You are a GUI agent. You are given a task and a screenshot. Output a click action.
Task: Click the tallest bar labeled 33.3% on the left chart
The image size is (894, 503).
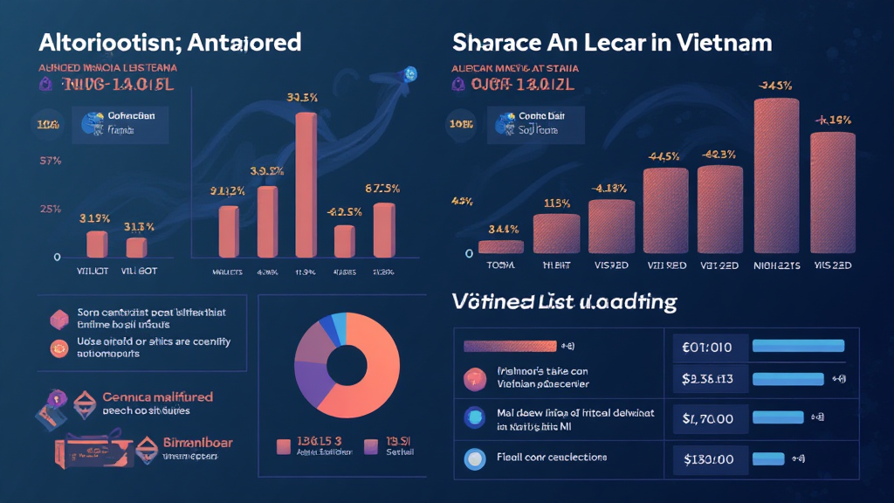306,183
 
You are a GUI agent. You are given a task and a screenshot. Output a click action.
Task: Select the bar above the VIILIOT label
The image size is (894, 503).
97,244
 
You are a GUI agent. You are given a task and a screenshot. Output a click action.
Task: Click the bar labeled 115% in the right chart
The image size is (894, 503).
556,233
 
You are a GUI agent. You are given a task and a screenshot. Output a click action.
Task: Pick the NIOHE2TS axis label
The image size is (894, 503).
775,265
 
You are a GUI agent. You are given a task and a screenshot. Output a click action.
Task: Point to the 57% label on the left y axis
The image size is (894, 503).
49,162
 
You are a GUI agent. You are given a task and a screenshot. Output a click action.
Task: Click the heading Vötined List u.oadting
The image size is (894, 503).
564,302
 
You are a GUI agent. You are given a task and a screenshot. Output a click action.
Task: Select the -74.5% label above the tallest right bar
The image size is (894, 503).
775,86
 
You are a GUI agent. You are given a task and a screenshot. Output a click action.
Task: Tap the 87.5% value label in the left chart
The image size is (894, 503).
382,189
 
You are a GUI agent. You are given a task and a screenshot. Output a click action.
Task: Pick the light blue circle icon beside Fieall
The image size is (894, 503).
476,457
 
